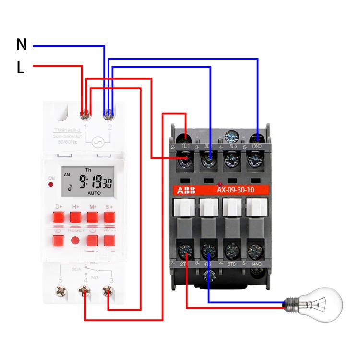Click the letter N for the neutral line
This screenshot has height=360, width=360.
point(22,45)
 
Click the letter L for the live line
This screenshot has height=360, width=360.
point(21,68)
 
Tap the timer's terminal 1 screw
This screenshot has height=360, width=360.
point(84,114)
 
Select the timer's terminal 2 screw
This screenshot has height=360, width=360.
point(108,114)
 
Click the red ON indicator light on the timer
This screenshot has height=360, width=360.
point(51,184)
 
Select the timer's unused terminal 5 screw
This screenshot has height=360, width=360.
point(61,290)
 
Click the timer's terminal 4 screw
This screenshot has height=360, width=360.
point(84,290)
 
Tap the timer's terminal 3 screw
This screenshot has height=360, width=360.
point(108,290)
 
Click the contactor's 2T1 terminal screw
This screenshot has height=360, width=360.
point(185,250)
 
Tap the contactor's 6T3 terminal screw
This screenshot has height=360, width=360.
point(231,250)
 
